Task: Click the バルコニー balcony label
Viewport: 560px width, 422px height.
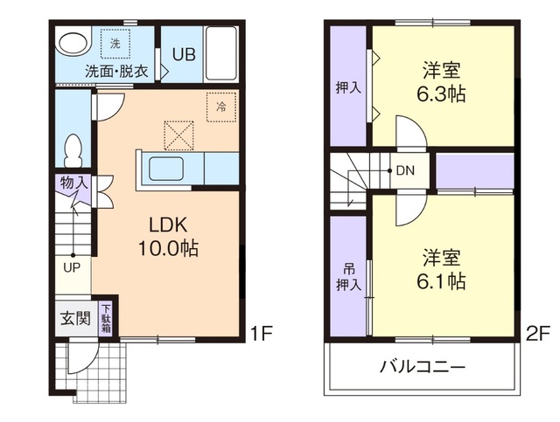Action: [x=422, y=366]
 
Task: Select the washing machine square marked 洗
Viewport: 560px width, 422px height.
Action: [x=115, y=41]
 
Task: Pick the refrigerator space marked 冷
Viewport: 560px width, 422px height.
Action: [x=220, y=106]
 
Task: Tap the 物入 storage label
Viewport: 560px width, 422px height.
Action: [x=73, y=184]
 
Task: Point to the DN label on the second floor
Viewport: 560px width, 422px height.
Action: [x=405, y=171]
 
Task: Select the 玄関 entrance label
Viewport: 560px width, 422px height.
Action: [x=74, y=318]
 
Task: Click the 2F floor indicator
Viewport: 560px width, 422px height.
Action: [x=537, y=332]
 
